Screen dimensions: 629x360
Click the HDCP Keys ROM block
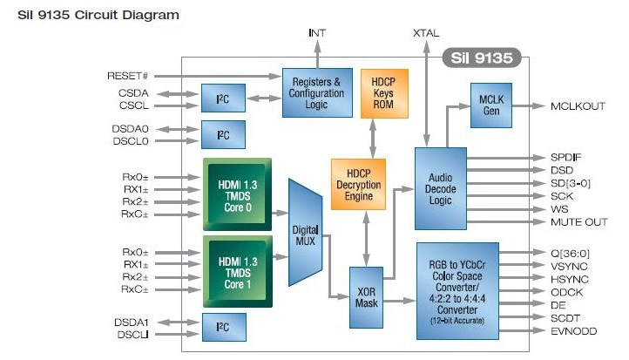click(384, 93)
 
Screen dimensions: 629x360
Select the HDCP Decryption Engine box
click(358, 184)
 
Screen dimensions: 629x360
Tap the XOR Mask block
click(366, 297)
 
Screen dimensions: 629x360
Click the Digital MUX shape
click(305, 233)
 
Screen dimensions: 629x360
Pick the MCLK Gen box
click(491, 105)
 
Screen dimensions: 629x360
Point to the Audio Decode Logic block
click(441, 188)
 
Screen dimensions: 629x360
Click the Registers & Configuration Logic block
click(317, 92)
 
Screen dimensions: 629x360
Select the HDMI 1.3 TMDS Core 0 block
click(238, 194)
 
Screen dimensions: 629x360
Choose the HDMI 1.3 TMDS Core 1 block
click(238, 272)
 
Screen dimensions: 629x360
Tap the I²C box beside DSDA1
click(224, 328)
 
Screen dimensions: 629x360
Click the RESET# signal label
click(127, 76)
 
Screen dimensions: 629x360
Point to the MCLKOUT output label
click(578, 106)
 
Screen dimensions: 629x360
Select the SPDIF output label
click(566, 157)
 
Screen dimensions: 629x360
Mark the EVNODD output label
click(573, 331)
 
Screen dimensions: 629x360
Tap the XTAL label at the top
click(426, 33)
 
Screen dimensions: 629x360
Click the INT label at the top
click(317, 33)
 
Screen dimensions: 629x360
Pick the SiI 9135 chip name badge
click(482, 58)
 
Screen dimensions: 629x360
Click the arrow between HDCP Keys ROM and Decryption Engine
click(373, 139)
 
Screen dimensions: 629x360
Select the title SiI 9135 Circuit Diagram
click(98, 15)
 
